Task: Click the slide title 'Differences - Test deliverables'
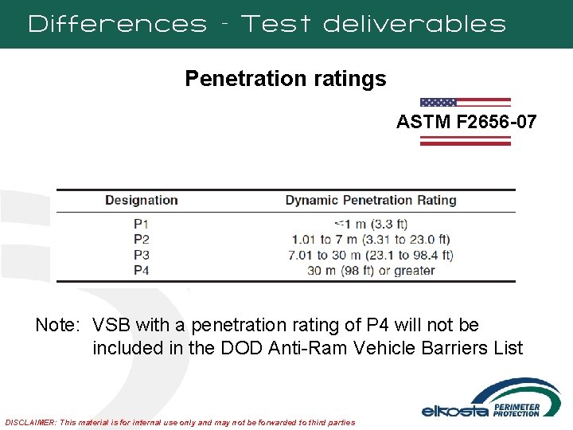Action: tap(267, 24)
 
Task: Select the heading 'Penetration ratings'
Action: tap(286, 79)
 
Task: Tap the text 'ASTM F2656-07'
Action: tap(466, 123)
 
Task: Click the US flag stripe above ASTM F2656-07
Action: tap(466, 102)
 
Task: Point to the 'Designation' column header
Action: tap(142, 201)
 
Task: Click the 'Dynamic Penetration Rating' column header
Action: tap(371, 201)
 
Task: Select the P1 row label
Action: tap(142, 224)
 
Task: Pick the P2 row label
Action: tap(142, 239)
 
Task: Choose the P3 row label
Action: tap(142, 255)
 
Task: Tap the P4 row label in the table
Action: tap(142, 271)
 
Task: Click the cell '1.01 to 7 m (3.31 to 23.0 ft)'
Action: tap(371, 239)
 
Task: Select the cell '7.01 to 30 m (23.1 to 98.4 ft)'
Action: tap(371, 255)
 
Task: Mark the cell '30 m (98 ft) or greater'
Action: tap(371, 271)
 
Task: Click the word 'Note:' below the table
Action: tap(58, 326)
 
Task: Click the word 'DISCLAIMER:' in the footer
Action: tap(31, 421)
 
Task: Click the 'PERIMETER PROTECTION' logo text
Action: tap(516, 409)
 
